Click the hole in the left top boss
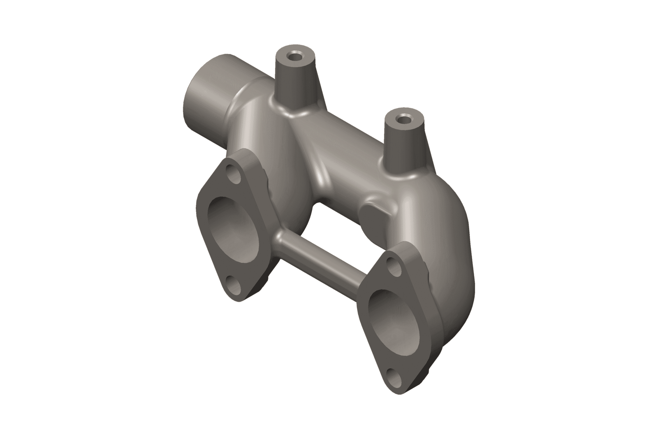point(294,56)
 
